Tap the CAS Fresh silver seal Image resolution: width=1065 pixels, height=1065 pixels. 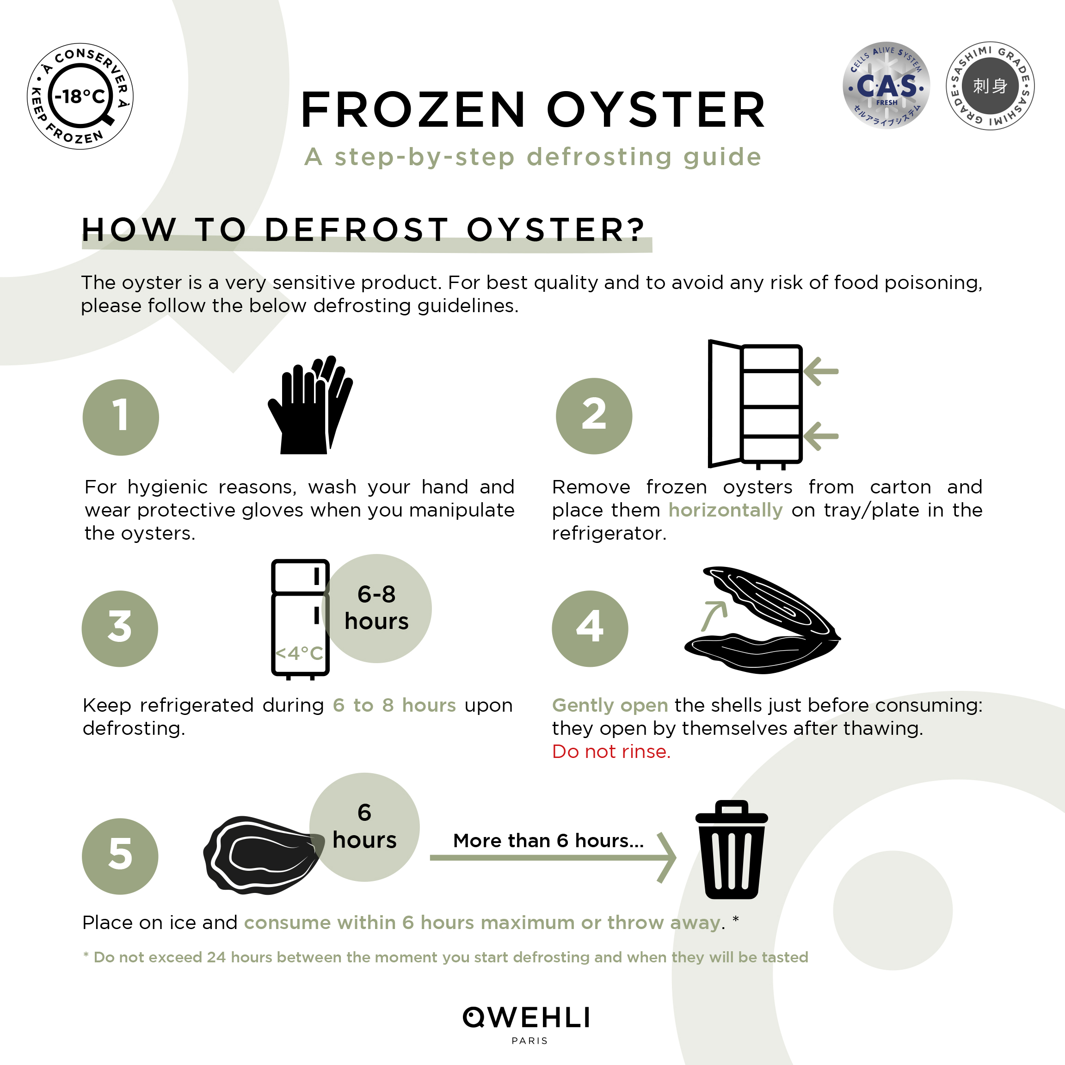(886, 85)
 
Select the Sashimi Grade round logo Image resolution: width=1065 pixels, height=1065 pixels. (990, 86)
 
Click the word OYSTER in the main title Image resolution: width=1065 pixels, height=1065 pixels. (656, 110)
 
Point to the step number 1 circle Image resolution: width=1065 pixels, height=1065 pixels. (121, 417)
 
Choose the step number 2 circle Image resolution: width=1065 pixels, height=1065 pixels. (594, 416)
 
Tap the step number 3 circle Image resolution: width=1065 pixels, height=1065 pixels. (120, 628)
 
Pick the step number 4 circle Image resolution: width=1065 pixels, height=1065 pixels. (590, 628)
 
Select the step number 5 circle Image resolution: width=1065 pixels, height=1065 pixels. (120, 856)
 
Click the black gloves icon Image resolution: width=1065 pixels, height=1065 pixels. (310, 405)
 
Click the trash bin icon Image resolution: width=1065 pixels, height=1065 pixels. (732, 850)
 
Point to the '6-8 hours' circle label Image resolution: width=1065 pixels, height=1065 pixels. (376, 608)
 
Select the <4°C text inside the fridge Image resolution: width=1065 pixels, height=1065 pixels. (299, 653)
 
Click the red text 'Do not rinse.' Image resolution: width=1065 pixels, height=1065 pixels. (611, 751)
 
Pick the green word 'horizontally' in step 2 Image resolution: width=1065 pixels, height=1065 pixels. (726, 510)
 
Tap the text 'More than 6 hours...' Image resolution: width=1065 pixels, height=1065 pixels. (548, 840)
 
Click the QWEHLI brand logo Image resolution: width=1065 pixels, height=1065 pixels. (526, 1017)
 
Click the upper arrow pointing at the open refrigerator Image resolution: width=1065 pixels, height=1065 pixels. (821, 371)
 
